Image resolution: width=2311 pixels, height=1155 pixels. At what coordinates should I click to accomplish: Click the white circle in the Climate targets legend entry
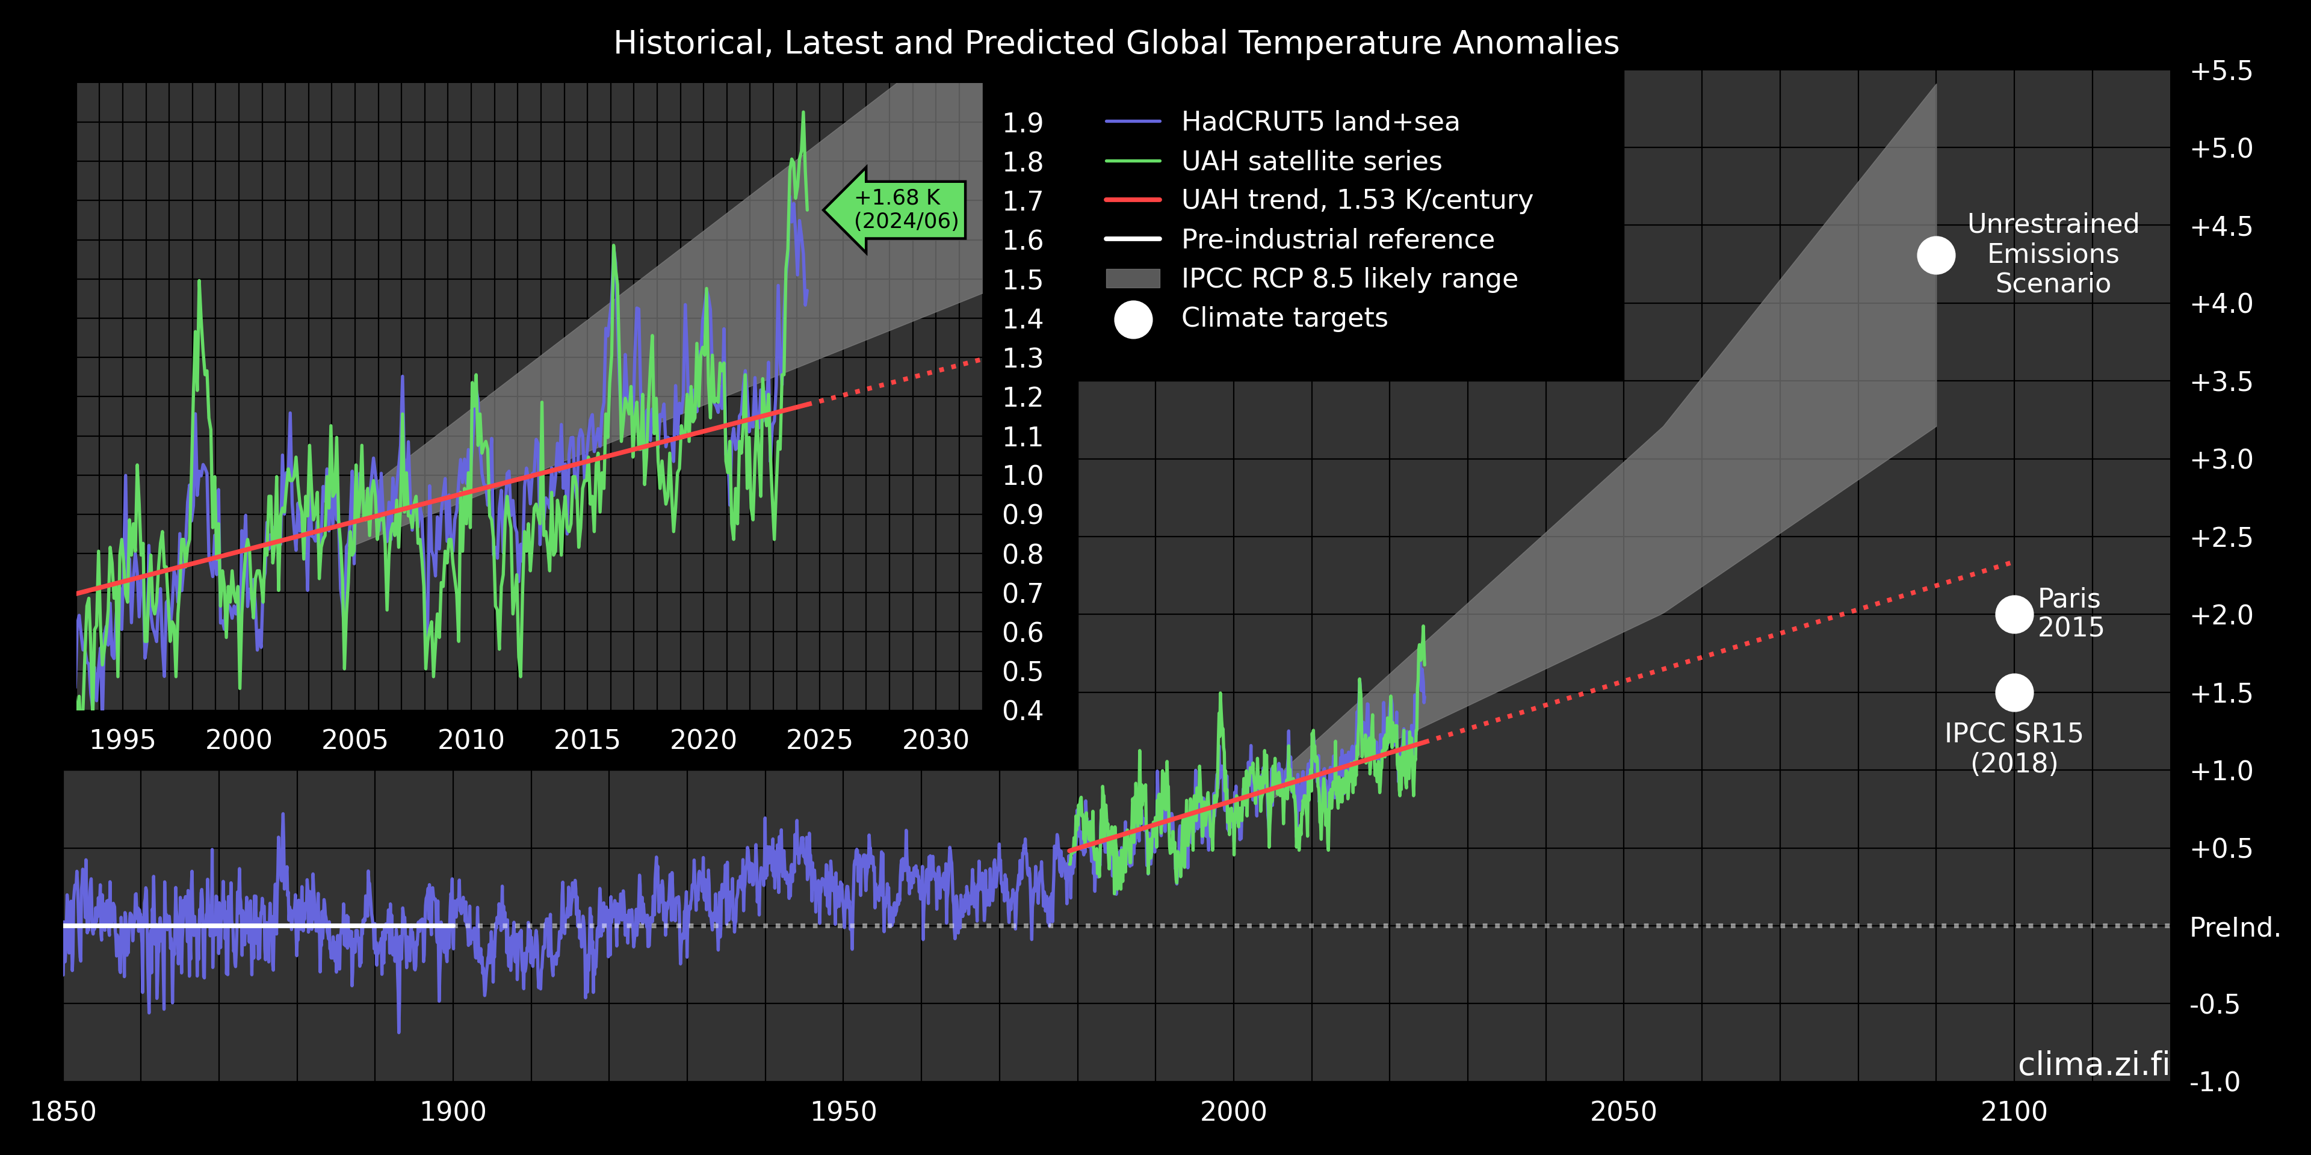(1133, 319)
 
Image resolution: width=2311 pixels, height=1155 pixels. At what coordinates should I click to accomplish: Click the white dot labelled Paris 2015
(2014, 614)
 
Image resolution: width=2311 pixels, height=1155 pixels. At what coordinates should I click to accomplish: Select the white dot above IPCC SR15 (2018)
(2014, 692)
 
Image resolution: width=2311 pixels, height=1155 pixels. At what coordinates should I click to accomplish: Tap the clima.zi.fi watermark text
(2093, 1064)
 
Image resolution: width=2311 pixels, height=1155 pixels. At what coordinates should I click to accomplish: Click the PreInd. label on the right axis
(2235, 926)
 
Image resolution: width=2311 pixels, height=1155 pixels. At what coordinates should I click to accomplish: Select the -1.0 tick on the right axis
(2214, 1082)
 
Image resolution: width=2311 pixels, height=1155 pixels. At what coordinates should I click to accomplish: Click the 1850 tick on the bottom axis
(63, 1111)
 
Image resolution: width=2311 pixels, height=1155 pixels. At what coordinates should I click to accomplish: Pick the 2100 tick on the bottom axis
(2014, 1111)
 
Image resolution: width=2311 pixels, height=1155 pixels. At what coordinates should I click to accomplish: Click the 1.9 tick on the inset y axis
(1022, 123)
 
